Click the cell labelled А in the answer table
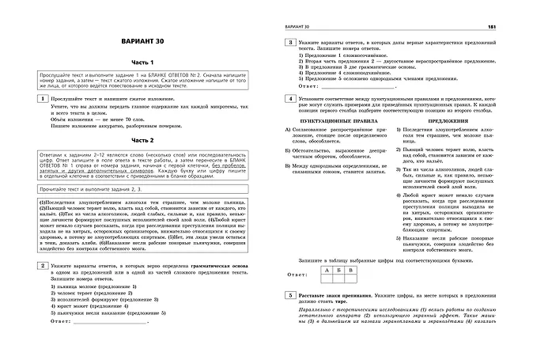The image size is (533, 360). (327, 269)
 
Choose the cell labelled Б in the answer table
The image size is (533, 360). (341, 269)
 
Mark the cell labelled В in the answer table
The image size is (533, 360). (355, 269)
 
